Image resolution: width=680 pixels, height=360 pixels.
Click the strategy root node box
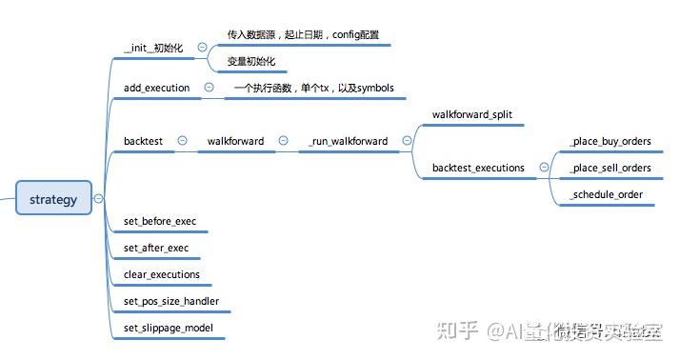(x=53, y=199)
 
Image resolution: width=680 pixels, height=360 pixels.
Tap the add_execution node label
(x=156, y=88)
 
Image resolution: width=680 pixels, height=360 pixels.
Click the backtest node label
(x=143, y=141)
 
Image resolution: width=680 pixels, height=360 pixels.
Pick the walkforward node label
(x=235, y=141)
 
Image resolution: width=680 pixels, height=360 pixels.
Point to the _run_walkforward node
(x=348, y=141)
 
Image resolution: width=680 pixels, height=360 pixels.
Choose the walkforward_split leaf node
(x=471, y=114)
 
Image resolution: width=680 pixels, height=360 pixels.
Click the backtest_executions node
(x=478, y=168)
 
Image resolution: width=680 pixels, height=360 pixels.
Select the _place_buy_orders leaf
(x=610, y=141)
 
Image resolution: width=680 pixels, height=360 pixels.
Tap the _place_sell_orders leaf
(x=610, y=168)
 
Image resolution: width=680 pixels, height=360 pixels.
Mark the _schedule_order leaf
(x=605, y=194)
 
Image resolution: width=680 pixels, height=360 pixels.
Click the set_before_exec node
(x=160, y=221)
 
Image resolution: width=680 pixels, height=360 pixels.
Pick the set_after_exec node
(x=156, y=248)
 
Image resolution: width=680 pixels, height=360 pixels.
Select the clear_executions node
(x=162, y=274)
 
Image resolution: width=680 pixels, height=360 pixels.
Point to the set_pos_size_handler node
(x=170, y=301)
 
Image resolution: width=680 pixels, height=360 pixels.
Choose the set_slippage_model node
(x=169, y=328)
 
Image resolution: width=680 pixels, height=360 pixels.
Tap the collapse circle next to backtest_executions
(x=544, y=168)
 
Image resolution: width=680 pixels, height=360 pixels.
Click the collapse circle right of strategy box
(x=99, y=199)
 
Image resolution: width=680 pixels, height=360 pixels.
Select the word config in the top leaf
(x=346, y=34)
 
